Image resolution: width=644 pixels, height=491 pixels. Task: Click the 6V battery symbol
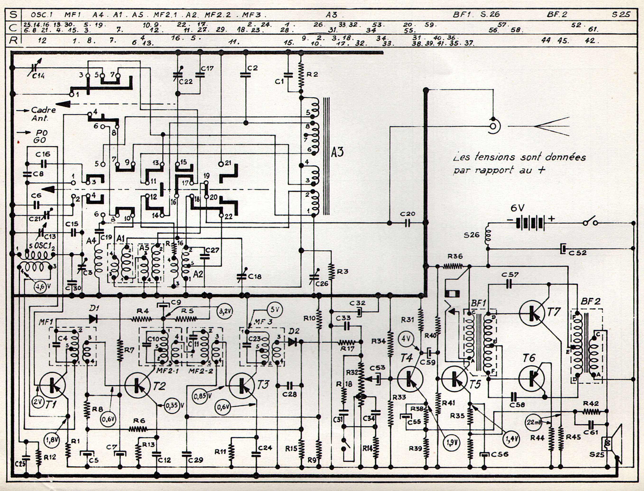(530, 223)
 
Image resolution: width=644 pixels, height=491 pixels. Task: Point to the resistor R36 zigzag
(453, 266)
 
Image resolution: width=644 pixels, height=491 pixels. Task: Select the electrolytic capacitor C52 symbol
(563, 249)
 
